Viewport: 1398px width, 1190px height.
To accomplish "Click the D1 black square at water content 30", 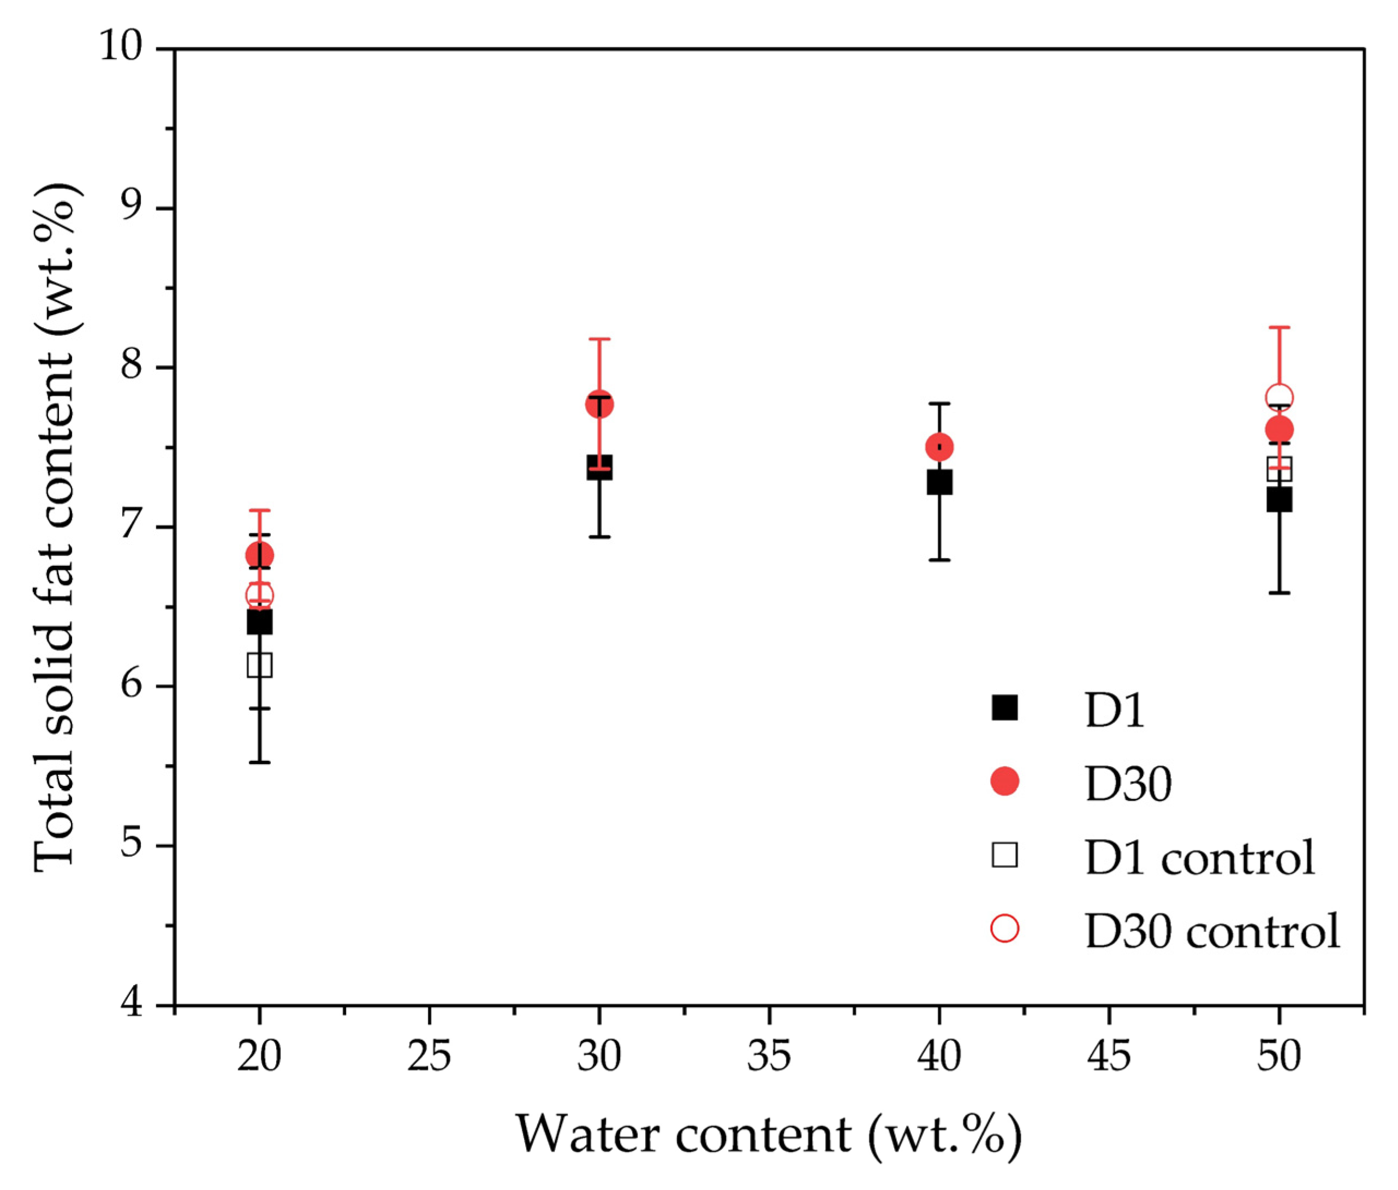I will click(599, 467).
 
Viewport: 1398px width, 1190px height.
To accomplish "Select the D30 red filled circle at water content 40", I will click(939, 447).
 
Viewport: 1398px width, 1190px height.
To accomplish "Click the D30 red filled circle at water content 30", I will click(599, 405).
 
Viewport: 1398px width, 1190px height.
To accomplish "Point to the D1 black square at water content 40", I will click(939, 482).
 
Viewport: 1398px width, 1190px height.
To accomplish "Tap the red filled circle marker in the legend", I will click(1004, 781).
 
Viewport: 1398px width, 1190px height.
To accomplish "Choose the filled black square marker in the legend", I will click(1004, 708).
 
